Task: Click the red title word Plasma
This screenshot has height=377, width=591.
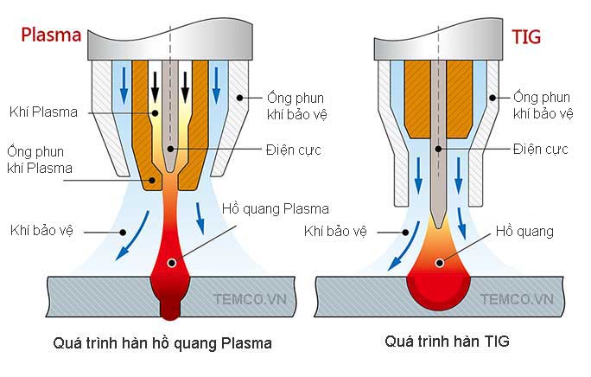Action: [51, 35]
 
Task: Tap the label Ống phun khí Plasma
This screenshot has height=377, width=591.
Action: [40, 159]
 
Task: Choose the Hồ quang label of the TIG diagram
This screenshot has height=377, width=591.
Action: [524, 231]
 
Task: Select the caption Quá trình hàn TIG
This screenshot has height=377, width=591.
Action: [448, 342]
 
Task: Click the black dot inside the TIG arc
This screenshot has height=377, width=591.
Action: [442, 261]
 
